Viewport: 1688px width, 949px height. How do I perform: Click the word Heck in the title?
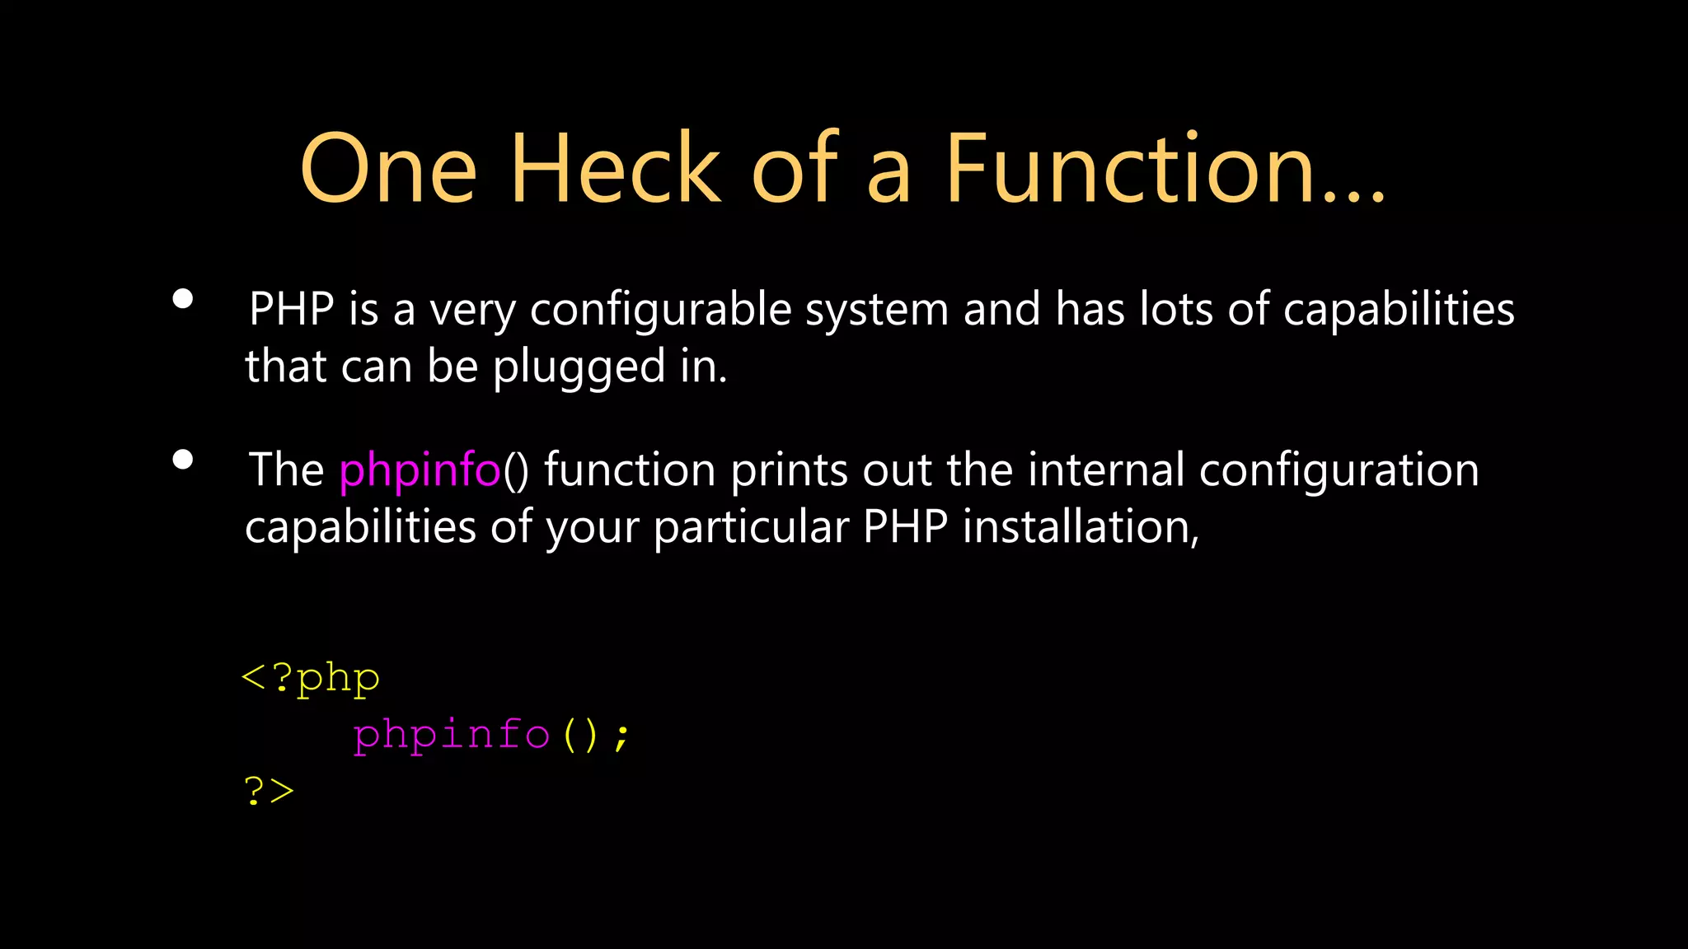[616, 169]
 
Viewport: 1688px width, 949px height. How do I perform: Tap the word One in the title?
[388, 169]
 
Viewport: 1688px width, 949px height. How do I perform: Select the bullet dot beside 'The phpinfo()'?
[183, 460]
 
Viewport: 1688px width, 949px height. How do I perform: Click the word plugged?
[579, 367]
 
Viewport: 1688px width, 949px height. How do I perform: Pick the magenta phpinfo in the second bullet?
[420, 471]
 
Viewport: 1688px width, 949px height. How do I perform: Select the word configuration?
[1339, 471]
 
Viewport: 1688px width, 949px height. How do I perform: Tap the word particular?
[751, 527]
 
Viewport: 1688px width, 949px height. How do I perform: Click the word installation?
[1080, 527]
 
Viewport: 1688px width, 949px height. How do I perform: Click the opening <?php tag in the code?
[311, 679]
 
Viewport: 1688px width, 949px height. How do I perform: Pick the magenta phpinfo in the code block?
[451, 735]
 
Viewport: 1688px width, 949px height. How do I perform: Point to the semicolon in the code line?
[621, 736]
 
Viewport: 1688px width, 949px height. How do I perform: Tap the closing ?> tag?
[269, 791]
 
